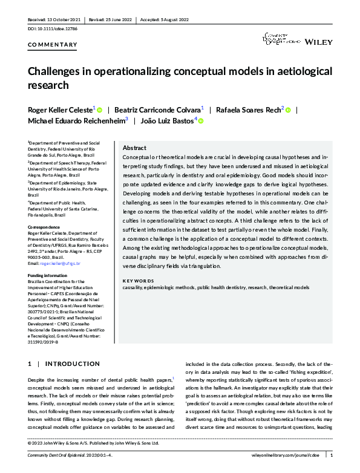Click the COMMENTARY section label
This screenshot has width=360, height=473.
point(53,45)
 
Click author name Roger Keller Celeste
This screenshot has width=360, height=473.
point(60,110)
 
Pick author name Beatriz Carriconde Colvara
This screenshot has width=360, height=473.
point(159,110)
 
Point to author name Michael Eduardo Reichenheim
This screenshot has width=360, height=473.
point(76,121)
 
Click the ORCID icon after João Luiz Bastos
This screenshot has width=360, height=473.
point(200,122)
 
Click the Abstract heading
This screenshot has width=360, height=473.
point(134,148)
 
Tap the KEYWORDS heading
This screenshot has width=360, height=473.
point(138,281)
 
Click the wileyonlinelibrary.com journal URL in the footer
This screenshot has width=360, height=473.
point(288,458)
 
